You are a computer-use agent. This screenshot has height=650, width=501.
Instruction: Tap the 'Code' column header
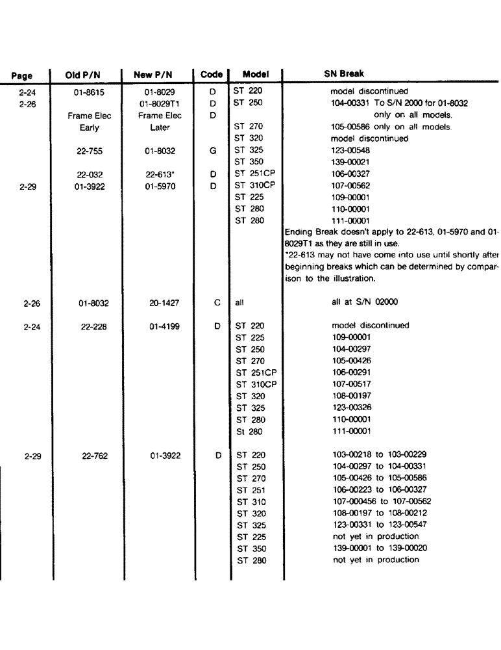[x=212, y=75]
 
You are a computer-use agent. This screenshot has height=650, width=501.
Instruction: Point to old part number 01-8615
[x=90, y=92]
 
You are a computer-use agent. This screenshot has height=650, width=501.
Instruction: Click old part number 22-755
[x=90, y=151]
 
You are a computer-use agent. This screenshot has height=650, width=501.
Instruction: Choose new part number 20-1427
[x=160, y=303]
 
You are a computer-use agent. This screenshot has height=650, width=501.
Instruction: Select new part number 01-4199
[x=160, y=326]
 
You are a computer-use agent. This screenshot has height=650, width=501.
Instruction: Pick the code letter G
[x=212, y=151]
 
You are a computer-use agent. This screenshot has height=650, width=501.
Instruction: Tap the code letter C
[x=217, y=303]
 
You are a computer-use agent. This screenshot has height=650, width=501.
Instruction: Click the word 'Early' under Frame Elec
[x=90, y=127]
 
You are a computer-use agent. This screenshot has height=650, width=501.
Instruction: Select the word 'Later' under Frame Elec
[x=160, y=127]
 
